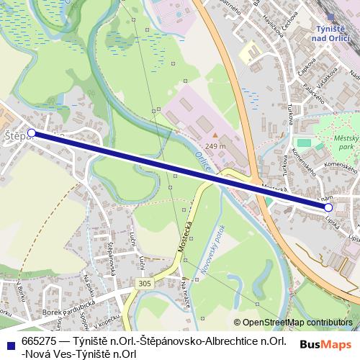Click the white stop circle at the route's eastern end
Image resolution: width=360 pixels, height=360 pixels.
pos(328,207)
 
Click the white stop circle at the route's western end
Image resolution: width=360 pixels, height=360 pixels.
pos(31,133)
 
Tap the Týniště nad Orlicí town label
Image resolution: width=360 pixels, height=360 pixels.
pos(333,32)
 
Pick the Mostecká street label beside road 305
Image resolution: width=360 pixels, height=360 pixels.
pos(184,238)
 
